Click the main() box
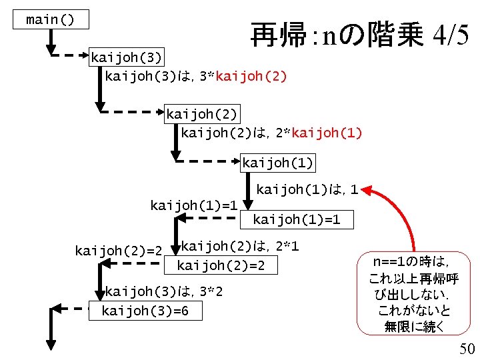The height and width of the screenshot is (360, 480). (x=51, y=20)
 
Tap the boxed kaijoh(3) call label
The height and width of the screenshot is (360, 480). (x=126, y=57)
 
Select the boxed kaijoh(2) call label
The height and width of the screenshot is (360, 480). (x=202, y=114)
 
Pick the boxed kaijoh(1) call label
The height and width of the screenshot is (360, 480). (x=277, y=163)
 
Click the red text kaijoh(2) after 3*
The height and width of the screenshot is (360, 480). (x=250, y=76)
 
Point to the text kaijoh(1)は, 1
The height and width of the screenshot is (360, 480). (x=308, y=191)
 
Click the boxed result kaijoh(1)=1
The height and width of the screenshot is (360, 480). (x=303, y=219)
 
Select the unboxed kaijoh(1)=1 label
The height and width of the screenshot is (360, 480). (x=194, y=205)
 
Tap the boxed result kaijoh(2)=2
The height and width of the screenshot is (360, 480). (x=221, y=266)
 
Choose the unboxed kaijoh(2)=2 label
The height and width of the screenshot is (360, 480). (x=119, y=251)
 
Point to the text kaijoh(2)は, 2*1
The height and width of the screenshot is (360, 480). (x=239, y=247)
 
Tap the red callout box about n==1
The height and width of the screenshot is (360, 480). (x=413, y=293)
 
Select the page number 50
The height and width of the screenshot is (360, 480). (x=467, y=348)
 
